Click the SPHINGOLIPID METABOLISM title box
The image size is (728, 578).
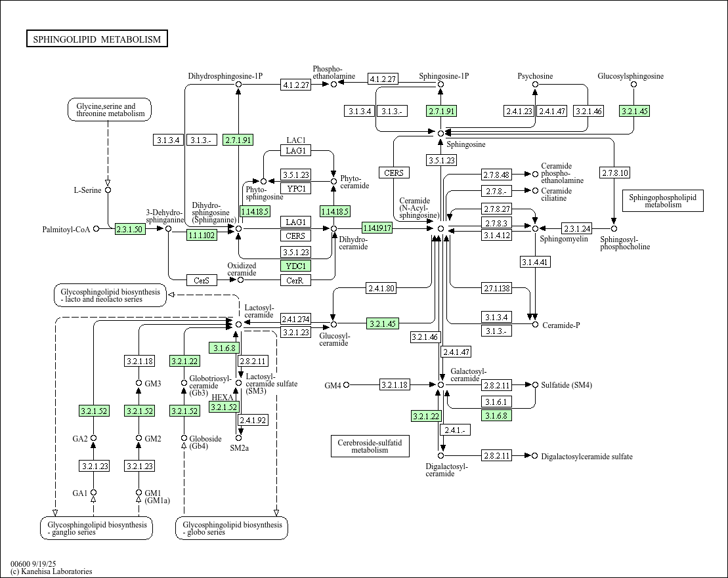(97, 39)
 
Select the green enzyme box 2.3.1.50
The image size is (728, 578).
(130, 229)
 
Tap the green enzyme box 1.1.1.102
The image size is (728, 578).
(202, 235)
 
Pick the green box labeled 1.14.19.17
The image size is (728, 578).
(377, 228)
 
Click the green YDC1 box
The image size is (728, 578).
(295, 266)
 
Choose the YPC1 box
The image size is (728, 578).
(295, 188)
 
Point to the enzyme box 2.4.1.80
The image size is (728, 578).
(381, 288)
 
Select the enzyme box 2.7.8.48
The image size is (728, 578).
(496, 175)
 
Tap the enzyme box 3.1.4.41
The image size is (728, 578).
(534, 262)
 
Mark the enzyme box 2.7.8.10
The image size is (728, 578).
(614, 173)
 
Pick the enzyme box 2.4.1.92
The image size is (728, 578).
(253, 420)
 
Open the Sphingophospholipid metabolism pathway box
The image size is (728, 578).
(662, 200)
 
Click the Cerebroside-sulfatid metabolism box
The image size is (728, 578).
(370, 446)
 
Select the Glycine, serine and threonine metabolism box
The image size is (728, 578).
(110, 110)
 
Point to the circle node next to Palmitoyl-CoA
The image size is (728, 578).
(96, 229)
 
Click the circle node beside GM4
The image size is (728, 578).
(346, 385)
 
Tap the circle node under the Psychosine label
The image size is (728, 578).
(535, 85)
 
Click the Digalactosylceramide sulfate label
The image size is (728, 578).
(587, 457)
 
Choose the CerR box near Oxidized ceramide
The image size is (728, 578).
(295, 280)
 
